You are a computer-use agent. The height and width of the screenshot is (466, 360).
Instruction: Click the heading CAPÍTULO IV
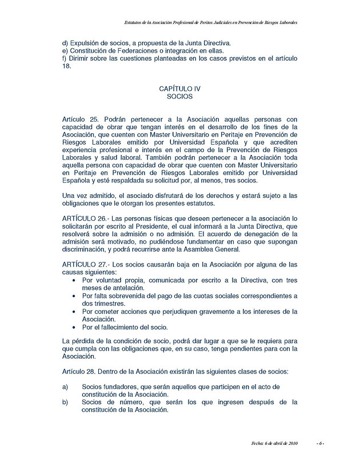180,89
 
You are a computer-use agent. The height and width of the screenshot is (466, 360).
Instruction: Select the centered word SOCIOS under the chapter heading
180,97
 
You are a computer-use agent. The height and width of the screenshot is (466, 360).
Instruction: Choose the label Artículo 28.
79,372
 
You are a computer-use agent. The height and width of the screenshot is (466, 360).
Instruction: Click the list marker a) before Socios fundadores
65,387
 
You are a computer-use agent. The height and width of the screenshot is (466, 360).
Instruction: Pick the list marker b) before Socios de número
65,402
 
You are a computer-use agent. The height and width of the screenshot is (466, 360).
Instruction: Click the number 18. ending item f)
66,66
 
